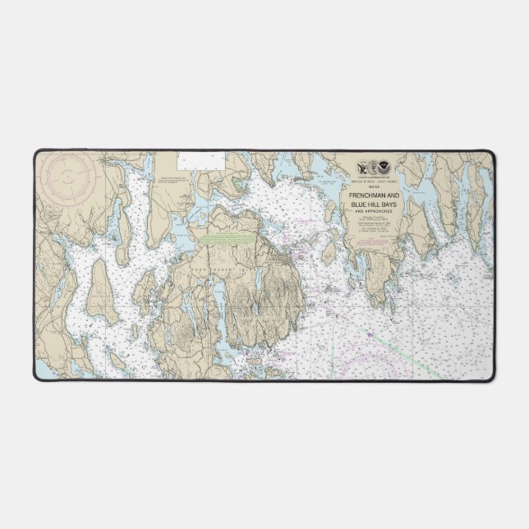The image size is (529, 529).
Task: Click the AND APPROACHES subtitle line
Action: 374,211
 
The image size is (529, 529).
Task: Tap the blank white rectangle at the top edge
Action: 201,161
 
